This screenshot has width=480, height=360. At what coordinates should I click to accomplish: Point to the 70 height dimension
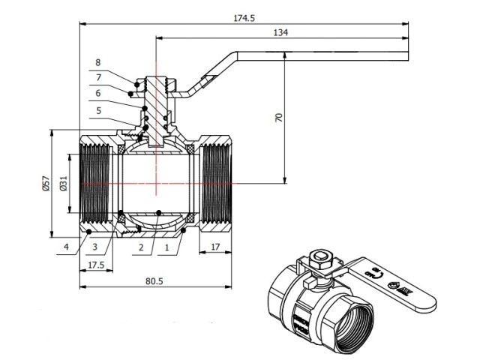point(277,118)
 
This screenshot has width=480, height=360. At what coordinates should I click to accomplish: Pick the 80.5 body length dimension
point(154,280)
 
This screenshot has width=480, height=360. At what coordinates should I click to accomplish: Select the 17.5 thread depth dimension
point(95,265)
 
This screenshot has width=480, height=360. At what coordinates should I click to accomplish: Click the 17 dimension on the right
point(215,247)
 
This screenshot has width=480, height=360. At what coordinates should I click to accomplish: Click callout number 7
point(98,77)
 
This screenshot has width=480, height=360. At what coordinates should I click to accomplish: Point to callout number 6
point(98,93)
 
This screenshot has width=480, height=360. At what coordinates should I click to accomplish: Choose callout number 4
point(66,247)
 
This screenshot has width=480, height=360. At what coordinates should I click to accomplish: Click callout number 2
point(140,247)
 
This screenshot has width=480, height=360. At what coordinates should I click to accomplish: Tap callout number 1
point(166,247)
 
